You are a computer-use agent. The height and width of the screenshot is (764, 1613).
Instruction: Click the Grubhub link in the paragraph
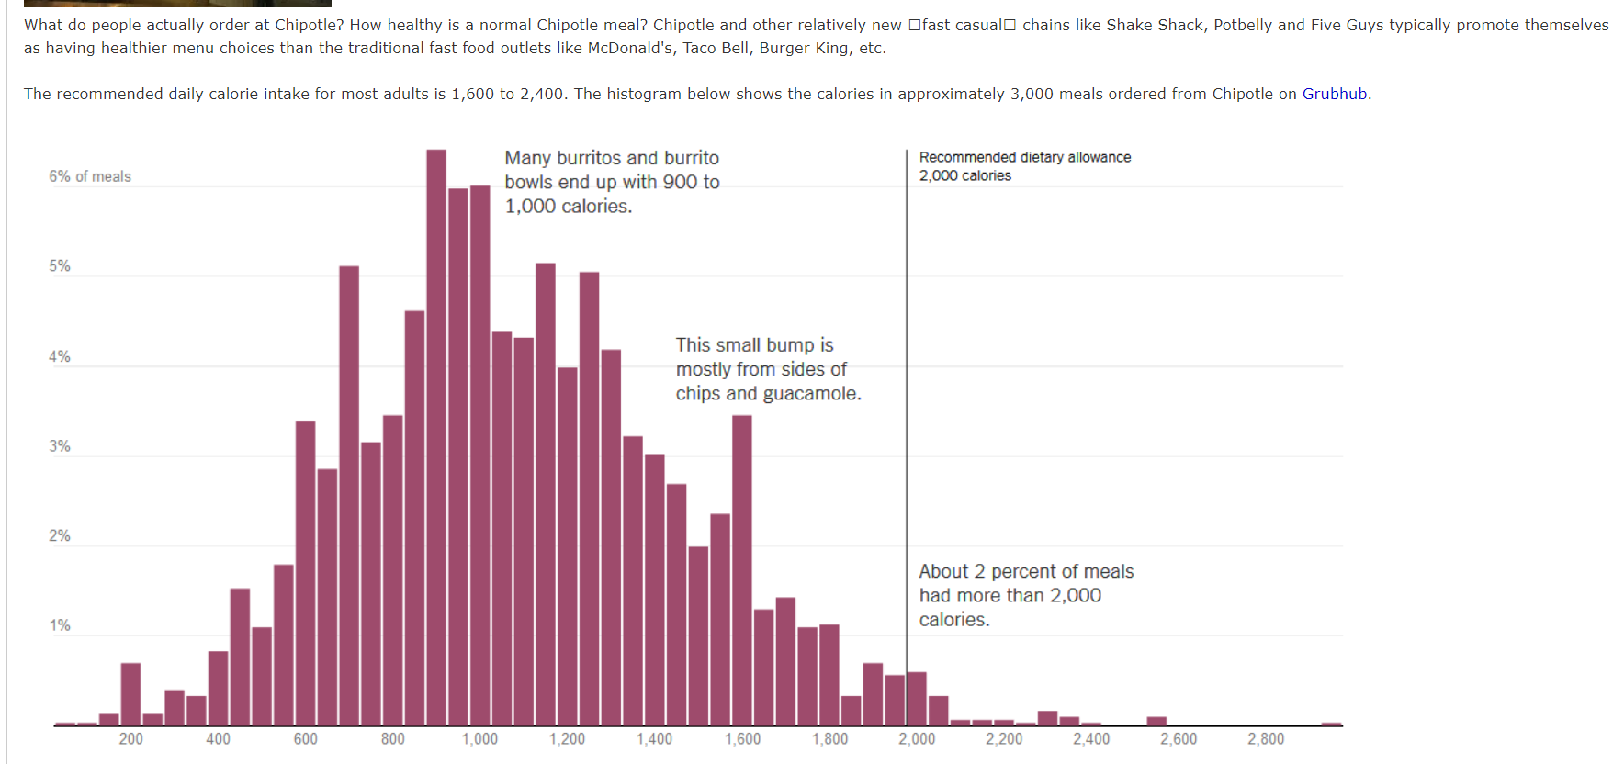[1334, 94]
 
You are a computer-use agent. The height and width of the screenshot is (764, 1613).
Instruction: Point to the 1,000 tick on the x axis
[479, 739]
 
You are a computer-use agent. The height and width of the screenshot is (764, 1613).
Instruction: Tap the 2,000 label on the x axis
[917, 739]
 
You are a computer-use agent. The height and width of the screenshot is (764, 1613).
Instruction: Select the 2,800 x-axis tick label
[1266, 739]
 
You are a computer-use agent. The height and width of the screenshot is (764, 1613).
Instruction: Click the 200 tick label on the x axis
[130, 739]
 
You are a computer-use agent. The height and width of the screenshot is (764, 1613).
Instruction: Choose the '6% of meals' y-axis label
[90, 176]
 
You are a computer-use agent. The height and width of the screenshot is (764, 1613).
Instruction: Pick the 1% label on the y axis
[60, 625]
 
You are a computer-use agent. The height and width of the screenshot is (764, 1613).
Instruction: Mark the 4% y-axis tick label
[60, 356]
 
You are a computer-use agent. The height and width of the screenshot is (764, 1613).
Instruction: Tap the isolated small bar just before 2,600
[1156, 721]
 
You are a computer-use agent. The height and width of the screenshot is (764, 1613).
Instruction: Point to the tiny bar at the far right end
[1331, 724]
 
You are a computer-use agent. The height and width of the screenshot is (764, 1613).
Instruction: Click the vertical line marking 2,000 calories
[907, 413]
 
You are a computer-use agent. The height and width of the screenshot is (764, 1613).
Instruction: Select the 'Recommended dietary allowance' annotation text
[1025, 157]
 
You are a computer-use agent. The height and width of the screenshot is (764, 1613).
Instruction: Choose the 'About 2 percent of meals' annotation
[1026, 572]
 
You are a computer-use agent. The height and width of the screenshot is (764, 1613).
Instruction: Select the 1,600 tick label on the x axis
[742, 739]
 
